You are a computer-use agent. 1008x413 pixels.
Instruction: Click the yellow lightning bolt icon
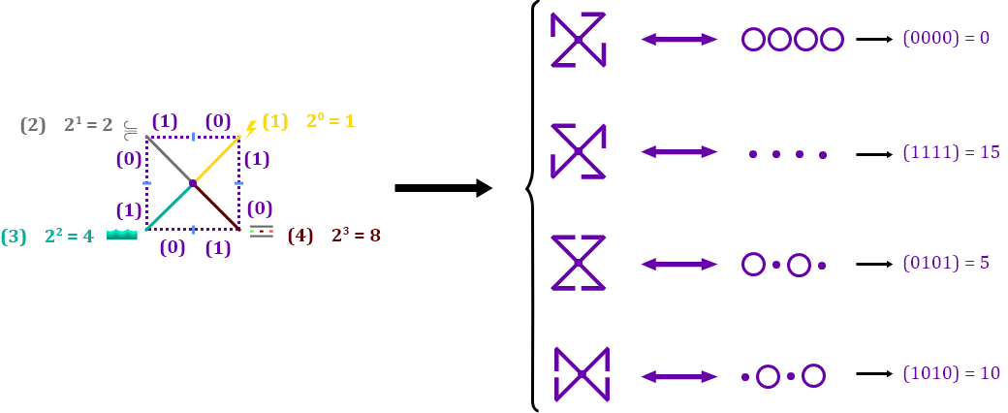click(250, 128)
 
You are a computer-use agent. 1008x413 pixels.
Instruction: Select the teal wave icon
click(122, 235)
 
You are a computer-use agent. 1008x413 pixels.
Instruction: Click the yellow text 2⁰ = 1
click(331, 121)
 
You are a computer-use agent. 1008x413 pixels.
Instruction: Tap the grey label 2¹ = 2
click(88, 125)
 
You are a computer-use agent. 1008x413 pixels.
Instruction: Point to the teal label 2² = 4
click(69, 236)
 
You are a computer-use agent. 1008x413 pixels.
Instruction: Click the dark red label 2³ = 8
click(356, 236)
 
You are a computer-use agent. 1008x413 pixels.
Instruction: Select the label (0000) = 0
click(946, 39)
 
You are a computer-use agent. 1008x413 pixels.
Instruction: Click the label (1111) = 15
click(951, 152)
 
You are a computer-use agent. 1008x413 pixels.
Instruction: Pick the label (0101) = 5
click(946, 264)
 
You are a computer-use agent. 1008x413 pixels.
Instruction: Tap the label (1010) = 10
click(951, 374)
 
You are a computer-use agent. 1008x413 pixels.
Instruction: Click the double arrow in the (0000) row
click(679, 40)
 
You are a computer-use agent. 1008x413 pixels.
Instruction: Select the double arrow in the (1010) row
click(679, 376)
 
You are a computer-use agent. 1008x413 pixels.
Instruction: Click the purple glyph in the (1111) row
click(579, 152)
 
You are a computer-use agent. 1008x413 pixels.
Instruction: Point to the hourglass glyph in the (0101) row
click(579, 263)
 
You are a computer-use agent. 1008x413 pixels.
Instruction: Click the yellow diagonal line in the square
click(217, 159)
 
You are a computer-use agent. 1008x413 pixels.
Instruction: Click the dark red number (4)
click(300, 236)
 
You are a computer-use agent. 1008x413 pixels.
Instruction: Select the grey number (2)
click(33, 125)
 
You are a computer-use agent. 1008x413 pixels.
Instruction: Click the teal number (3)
click(14, 237)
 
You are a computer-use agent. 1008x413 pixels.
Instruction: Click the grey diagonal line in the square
click(169, 159)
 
